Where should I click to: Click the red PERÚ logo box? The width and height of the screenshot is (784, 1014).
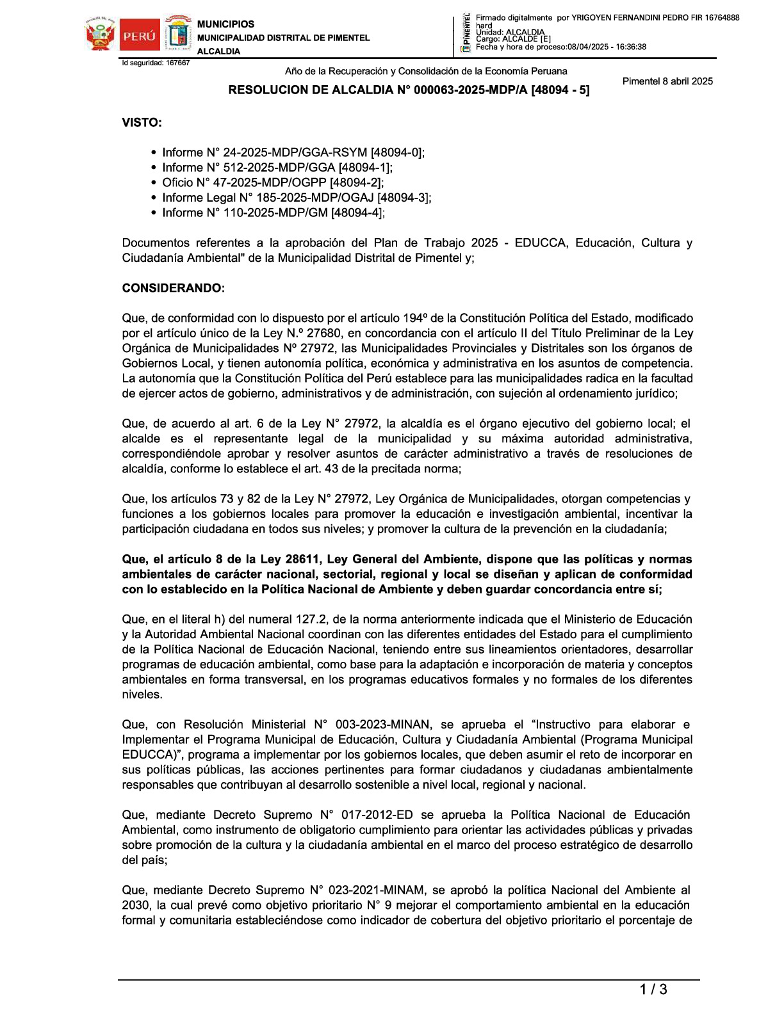point(139,35)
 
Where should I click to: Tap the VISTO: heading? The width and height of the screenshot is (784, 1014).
point(142,123)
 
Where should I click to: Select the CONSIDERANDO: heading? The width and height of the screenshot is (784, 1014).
point(173,288)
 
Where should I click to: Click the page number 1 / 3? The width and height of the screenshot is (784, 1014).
point(653,990)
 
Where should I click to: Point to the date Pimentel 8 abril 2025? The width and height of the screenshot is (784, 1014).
point(667,81)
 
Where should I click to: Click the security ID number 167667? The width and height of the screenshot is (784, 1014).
point(177,63)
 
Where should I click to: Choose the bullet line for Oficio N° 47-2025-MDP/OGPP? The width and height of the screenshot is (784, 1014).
point(273,182)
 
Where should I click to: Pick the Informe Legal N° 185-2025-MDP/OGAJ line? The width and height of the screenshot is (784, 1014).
point(297,198)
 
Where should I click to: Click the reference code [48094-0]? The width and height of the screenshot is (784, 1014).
point(397,152)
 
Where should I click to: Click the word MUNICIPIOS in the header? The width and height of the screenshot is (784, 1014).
point(225,24)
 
